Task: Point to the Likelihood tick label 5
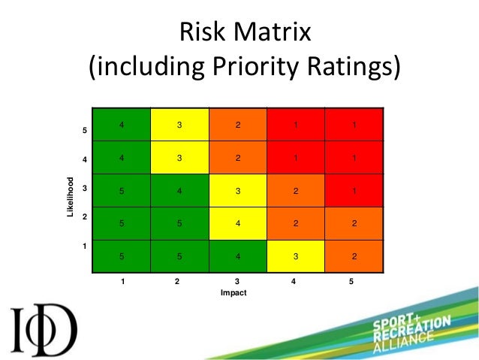[85, 132]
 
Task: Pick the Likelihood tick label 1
[85, 246]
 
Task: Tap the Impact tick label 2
[177, 282]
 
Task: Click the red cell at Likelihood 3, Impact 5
[354, 191]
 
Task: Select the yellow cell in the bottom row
[296, 256]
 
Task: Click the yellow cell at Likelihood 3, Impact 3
[237, 191]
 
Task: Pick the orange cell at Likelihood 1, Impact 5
[354, 256]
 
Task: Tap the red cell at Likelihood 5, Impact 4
[296, 125]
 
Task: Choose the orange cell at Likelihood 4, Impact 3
[237, 158]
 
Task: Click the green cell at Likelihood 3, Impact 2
[179, 191]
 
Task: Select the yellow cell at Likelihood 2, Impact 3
[237, 223]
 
